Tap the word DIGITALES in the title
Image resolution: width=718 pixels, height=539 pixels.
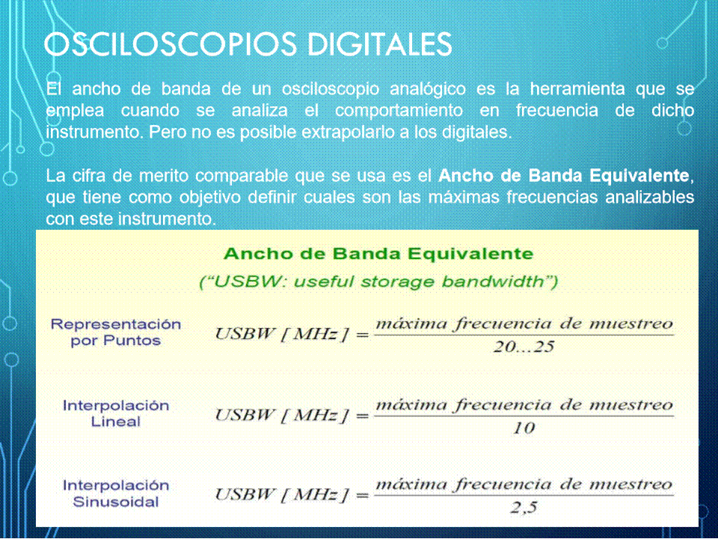point(380,44)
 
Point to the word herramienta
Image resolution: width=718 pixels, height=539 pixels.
point(577,88)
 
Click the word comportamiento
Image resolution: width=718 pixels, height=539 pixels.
point(399,111)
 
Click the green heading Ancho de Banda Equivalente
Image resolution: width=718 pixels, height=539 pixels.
point(378,254)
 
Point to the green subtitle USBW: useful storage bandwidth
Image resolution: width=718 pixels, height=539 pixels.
point(378,281)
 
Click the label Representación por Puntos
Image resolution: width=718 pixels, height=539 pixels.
point(116,332)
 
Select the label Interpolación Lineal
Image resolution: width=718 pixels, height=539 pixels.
point(116,413)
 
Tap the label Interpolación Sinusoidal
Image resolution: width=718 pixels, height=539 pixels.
point(116,493)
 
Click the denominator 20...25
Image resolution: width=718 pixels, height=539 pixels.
point(524,347)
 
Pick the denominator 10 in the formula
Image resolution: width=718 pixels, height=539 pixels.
point(524,428)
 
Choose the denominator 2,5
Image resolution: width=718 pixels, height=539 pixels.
point(524,508)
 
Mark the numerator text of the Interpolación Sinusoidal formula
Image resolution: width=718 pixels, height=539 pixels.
point(524,484)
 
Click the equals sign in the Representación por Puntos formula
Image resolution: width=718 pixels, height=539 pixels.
point(362,335)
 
